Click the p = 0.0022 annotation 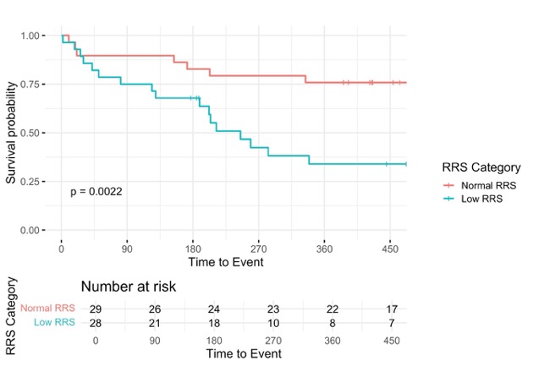pos(96,192)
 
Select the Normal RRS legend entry pos(480,185)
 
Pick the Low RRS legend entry pos(473,199)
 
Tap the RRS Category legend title pos(481,167)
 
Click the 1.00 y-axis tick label pos(30,36)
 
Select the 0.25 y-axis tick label pos(30,182)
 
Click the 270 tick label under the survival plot pos(259,249)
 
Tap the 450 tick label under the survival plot pos(390,249)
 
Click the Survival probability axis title pos(11,133)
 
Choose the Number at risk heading pos(129,287)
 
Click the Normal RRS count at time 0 pos(96,309)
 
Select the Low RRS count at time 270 pos(273,323)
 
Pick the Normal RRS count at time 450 pos(392,309)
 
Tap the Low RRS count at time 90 pos(155,323)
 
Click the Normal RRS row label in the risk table pos(47,309)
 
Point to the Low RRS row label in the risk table pos(54,322)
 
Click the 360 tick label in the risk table pos(333,341)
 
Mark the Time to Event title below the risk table pos(244,353)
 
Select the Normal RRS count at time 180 pos(214,309)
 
